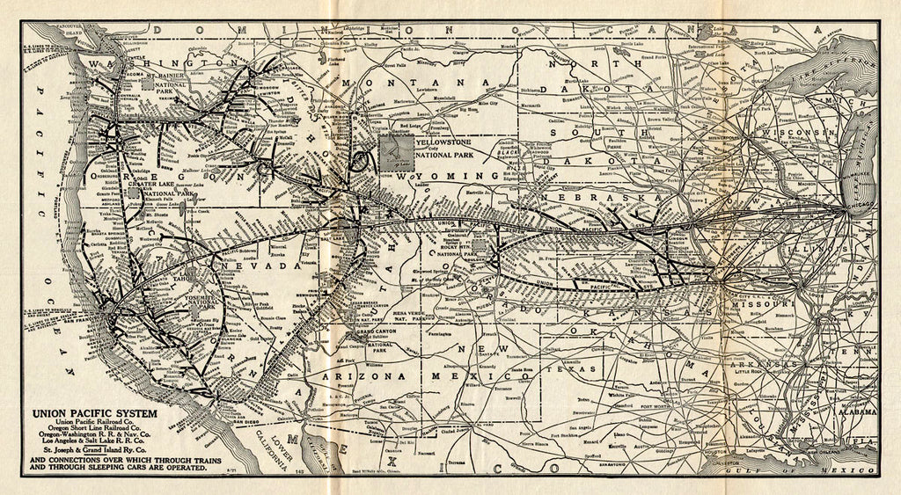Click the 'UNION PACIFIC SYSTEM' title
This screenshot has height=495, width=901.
click(x=95, y=412)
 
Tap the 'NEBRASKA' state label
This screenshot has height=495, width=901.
click(x=597, y=199)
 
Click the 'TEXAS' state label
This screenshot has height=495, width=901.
click(x=582, y=370)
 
